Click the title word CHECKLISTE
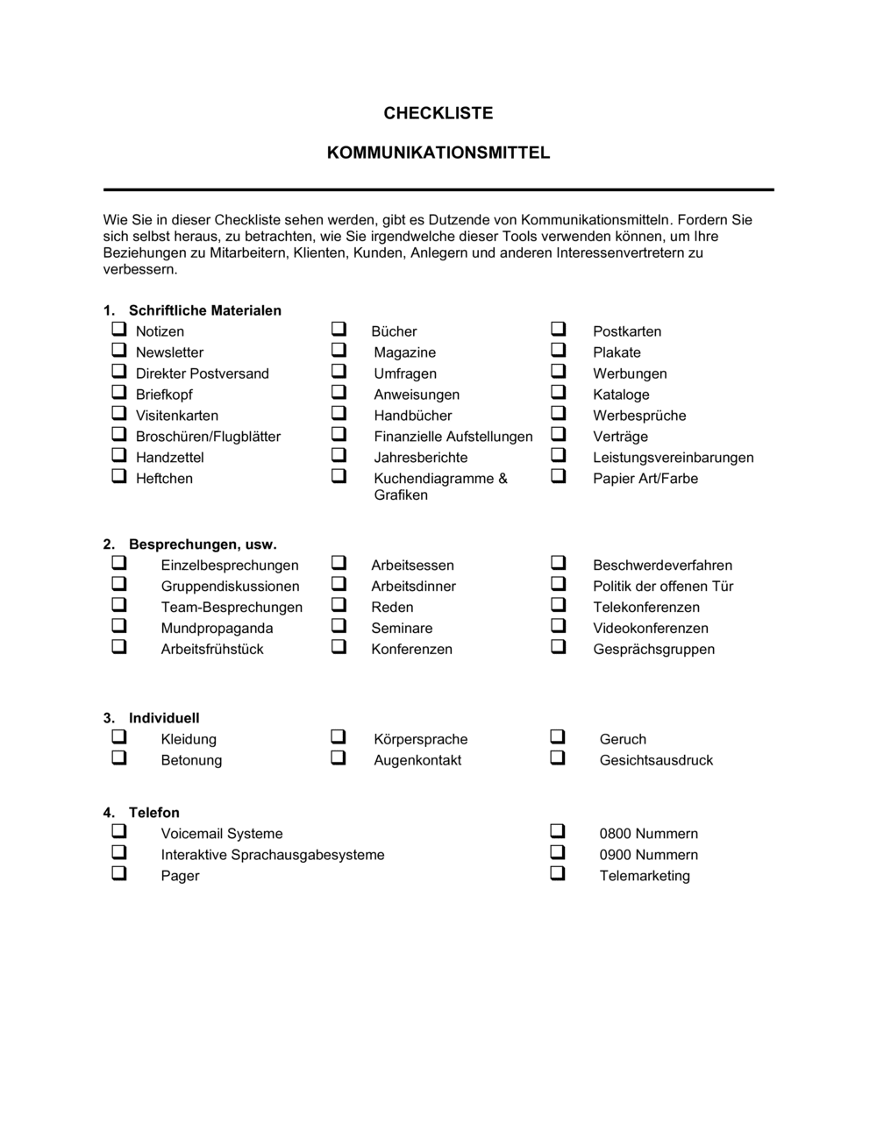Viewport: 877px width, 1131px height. [438, 113]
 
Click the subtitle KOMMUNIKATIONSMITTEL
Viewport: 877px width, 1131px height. [438, 153]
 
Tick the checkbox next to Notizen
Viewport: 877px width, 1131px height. [118, 330]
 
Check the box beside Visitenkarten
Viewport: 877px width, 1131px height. [118, 414]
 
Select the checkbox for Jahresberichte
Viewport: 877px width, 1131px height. [339, 456]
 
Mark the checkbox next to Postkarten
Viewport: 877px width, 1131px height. [558, 330]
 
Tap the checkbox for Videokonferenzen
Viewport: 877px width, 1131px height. [558, 626]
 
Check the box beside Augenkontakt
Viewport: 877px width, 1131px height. [339, 758]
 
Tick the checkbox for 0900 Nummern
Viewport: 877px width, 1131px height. [558, 853]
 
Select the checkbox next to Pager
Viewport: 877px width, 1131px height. [118, 874]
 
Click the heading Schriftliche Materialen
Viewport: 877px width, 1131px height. [204, 310]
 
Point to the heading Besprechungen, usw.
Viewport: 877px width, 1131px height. [203, 544]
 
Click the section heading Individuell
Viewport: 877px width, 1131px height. [164, 718]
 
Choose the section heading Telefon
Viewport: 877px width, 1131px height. [153, 813]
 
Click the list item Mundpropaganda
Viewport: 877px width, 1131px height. [217, 629]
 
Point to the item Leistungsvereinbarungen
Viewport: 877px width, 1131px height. [673, 458]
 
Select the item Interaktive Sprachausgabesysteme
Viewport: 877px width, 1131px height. [272, 855]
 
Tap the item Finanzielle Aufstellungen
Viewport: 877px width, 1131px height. [453, 437]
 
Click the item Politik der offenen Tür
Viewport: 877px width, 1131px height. [662, 587]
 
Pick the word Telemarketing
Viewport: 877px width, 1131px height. [644, 876]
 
